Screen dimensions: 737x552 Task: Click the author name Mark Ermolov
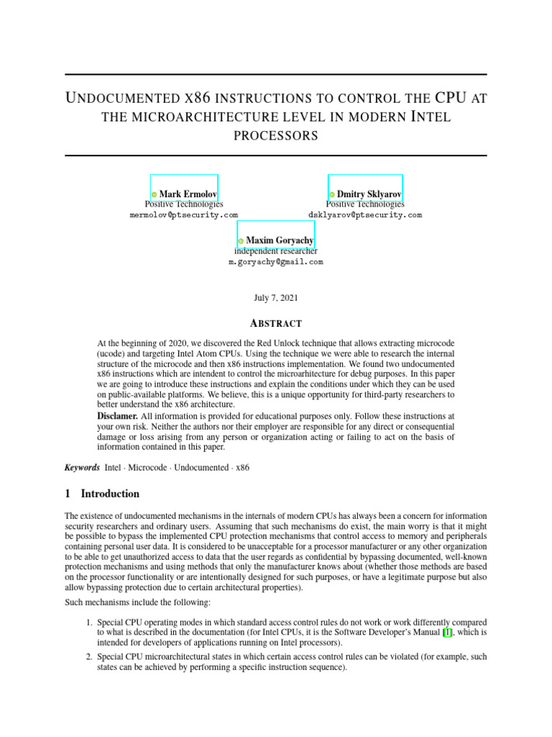(188, 194)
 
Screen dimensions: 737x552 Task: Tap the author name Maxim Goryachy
(280, 240)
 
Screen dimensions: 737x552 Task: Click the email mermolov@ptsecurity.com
(184, 215)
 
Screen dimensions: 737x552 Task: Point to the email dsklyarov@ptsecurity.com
(365, 215)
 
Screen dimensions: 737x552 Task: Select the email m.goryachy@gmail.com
(276, 263)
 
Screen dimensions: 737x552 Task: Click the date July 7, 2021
(276, 297)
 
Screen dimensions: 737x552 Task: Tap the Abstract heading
(276, 324)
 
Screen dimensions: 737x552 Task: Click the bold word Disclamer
(117, 417)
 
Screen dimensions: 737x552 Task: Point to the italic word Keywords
(82, 467)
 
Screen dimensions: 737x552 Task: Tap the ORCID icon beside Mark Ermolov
(154, 195)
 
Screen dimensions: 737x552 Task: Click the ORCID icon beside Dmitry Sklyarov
(332, 195)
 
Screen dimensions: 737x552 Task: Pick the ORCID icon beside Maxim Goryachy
(241, 241)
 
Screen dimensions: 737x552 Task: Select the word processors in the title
(276, 135)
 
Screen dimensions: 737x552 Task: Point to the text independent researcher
(276, 251)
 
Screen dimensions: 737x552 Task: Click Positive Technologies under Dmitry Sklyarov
(365, 204)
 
